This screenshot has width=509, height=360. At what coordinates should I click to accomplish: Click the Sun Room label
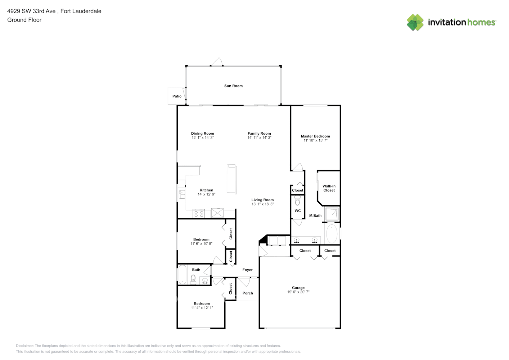coord(233,86)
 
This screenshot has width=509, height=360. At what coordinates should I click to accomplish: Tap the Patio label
coord(177,96)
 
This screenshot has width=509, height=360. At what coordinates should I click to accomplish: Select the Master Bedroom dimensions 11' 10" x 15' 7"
coord(315,140)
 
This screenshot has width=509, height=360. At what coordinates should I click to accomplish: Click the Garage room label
coord(298,288)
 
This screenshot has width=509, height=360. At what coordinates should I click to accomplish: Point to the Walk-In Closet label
coord(329,188)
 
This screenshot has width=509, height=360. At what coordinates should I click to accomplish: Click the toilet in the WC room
coord(297,201)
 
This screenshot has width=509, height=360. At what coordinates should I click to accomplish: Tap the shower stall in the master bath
coord(332,214)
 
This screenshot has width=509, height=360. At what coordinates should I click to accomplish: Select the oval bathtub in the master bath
coord(332,234)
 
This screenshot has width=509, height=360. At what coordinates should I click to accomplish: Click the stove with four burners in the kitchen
coord(198,213)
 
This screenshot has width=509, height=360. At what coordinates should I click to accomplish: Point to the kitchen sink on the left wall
coord(182,195)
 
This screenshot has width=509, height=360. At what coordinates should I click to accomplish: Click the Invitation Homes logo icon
coord(415,22)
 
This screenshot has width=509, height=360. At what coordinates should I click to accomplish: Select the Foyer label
coord(247,270)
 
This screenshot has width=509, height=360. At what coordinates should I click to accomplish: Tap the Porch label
coord(248,293)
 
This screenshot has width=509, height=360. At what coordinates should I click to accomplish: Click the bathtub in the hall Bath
coord(182,275)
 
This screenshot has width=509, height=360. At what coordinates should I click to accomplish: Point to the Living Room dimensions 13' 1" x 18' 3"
coord(262,204)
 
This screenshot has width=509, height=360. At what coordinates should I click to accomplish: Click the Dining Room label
coord(202,134)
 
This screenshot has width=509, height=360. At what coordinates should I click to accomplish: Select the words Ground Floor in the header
coord(24,20)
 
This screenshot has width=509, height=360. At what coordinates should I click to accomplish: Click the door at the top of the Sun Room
coord(217,63)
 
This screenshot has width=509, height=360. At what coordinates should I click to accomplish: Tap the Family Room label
coord(259,134)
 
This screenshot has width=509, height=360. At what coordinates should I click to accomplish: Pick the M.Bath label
coord(315,216)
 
